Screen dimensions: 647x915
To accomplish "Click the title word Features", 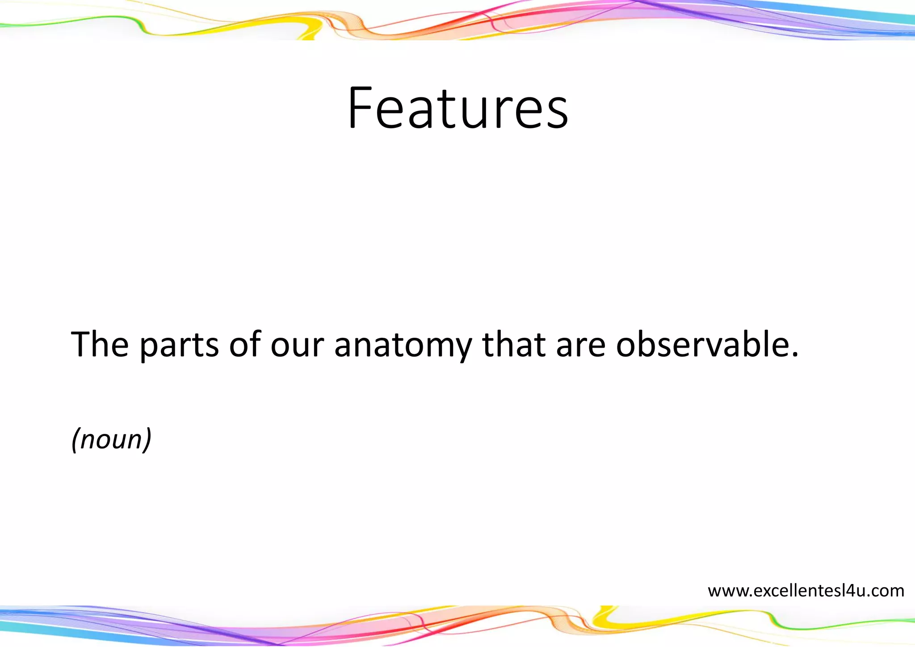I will pyautogui.click(x=458, y=108).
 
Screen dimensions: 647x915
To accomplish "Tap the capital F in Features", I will pyautogui.click(x=361, y=108).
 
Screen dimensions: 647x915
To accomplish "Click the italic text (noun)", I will pyautogui.click(x=112, y=439).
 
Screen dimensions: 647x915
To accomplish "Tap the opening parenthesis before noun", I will pyautogui.click(x=76, y=439).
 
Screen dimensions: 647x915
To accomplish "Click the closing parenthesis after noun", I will pyautogui.click(x=147, y=439).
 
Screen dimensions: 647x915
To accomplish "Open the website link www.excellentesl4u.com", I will pyautogui.click(x=806, y=591).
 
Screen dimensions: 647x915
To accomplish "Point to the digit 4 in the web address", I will pyautogui.click(x=849, y=591).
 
